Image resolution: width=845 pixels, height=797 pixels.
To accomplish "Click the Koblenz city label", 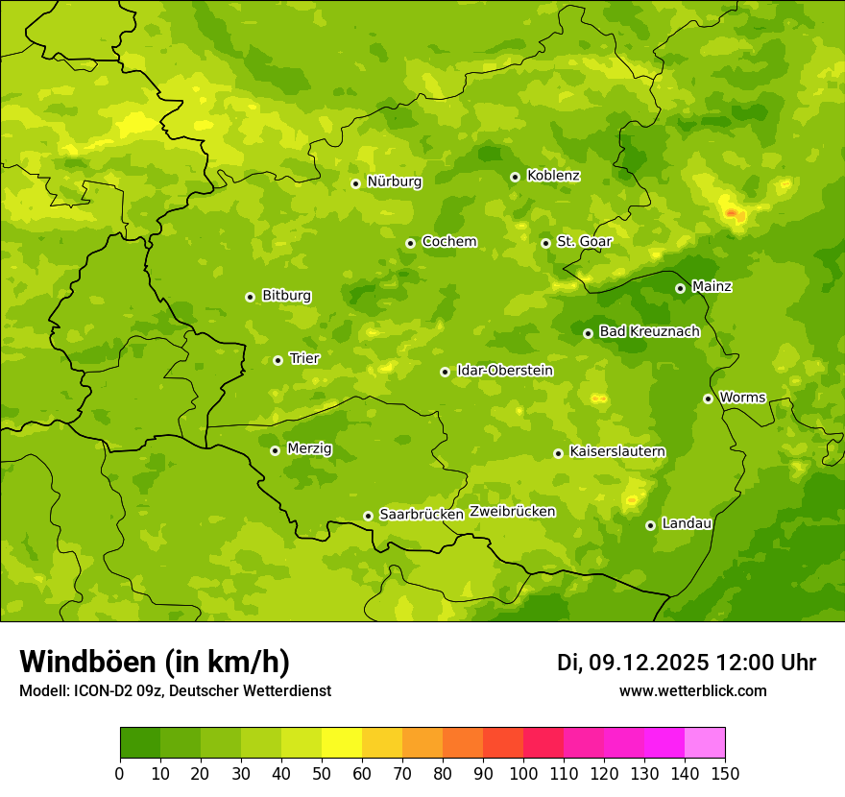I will [553, 176].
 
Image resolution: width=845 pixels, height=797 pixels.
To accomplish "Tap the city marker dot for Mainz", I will [680, 288].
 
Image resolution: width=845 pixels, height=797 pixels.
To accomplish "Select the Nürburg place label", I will [394, 181].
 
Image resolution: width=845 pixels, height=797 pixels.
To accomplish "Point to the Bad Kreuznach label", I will [649, 331].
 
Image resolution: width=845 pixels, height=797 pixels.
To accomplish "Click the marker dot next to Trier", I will [278, 360].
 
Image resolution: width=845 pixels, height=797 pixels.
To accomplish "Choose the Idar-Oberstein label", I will [504, 371].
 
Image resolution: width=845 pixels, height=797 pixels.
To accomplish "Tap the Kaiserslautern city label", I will [617, 451].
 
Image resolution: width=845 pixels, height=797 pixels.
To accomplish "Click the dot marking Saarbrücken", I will [368, 516].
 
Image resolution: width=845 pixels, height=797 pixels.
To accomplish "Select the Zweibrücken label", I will [512, 512].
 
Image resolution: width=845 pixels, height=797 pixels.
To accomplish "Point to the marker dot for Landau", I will [650, 525].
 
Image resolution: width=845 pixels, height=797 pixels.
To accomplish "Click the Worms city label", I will [742, 398].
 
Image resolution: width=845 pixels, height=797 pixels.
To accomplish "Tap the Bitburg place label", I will [286, 296].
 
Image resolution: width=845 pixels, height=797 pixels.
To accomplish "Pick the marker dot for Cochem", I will [410, 243].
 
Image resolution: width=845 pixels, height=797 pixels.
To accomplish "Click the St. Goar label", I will [584, 241].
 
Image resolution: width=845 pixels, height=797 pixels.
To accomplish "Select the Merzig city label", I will [309, 448].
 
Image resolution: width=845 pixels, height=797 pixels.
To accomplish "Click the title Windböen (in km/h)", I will [155, 662].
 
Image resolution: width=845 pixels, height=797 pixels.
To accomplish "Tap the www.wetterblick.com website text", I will [692, 691].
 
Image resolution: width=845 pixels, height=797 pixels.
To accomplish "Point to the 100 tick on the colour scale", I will [523, 772].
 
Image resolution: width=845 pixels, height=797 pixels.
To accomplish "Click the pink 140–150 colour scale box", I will [705, 743].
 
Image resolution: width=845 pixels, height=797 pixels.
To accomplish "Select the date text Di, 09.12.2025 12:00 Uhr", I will [687, 663].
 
